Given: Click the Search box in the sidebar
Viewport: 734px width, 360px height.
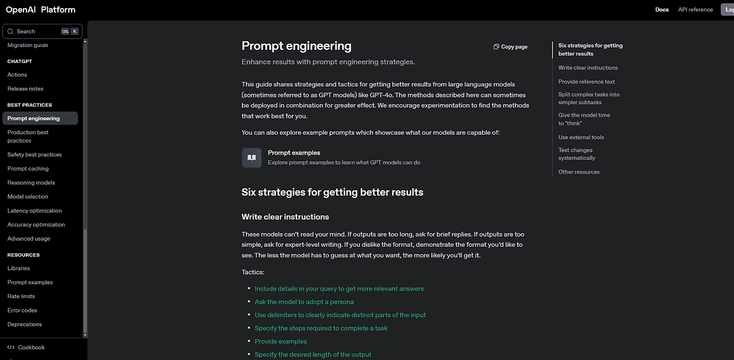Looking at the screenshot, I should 34,32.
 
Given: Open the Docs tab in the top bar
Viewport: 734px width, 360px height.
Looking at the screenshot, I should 662,10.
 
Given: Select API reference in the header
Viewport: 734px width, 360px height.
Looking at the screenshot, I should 695,10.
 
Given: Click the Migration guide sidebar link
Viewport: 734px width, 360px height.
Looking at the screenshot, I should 28,45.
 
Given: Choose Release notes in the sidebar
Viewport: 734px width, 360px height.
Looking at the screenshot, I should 25,89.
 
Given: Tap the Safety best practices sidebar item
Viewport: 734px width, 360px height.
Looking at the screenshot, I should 34,155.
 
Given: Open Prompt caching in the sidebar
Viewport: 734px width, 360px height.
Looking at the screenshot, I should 28,169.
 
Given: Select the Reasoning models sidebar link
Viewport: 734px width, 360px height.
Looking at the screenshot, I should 31,183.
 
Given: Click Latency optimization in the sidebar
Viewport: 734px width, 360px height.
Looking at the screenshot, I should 34,211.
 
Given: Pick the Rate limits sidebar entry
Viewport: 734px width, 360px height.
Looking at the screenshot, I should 21,296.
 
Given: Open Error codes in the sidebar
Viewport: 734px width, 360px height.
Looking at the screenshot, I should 22,311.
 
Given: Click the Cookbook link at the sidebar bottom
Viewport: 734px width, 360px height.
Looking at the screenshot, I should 31,347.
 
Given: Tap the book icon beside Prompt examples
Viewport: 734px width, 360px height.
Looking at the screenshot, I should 251,158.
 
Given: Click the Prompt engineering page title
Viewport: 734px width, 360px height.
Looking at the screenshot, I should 296,46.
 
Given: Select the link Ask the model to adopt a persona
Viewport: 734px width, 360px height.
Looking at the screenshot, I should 304,302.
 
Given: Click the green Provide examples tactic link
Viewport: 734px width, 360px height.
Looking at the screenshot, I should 280,342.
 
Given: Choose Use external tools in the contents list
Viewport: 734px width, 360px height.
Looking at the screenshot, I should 581,138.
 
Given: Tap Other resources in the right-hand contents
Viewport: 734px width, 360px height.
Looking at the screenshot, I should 579,172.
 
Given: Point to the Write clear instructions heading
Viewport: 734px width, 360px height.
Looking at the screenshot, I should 285,217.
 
